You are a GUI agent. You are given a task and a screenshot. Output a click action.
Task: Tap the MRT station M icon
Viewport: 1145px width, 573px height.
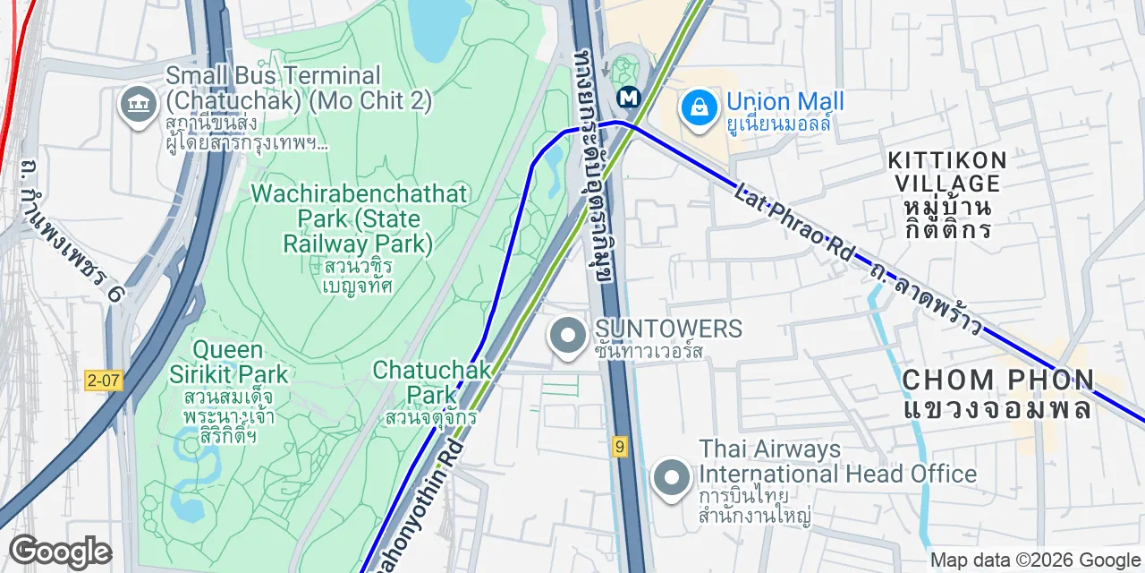(x=632, y=96)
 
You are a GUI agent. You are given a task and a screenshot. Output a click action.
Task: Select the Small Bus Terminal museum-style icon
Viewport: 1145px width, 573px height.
(x=139, y=106)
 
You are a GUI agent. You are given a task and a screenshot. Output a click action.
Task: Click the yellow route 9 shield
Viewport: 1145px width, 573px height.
(x=619, y=447)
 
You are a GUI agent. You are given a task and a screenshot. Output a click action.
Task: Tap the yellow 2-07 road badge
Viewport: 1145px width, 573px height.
(x=105, y=381)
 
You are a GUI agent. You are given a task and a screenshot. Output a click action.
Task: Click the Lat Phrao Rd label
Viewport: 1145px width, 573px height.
(x=794, y=224)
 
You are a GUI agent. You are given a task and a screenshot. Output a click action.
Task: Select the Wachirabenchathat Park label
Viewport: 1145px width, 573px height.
(x=358, y=218)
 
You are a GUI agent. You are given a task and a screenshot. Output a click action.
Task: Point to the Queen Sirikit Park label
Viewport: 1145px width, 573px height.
(x=229, y=362)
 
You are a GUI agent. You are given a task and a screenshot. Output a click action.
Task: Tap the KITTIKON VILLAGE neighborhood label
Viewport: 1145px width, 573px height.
(x=947, y=172)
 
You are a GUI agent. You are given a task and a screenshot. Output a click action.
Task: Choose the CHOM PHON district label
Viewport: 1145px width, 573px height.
(x=997, y=380)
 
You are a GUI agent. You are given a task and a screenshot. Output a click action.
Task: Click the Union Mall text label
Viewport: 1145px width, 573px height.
(x=785, y=102)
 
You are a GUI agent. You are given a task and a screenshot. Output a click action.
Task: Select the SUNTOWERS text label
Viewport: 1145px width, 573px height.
(x=668, y=329)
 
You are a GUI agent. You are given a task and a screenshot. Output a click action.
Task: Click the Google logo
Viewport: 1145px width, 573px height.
(x=60, y=552)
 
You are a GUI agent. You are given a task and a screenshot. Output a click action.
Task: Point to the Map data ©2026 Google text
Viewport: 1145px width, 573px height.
(x=1036, y=560)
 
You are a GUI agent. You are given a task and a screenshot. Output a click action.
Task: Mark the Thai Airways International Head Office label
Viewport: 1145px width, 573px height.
(x=837, y=461)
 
